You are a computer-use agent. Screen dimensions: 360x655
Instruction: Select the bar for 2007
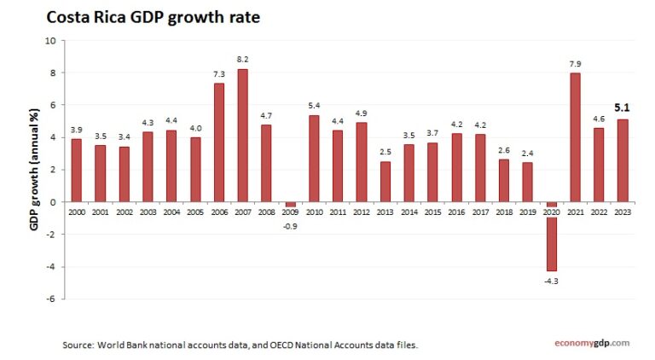[242, 135]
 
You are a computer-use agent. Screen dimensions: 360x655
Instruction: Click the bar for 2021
[575, 137]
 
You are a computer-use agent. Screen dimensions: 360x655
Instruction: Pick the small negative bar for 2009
[290, 205]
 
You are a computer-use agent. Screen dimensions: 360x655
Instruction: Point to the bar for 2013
[385, 181]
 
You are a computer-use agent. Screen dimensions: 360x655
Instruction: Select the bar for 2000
[76, 170]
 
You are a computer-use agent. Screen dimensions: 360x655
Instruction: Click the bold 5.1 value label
[622, 108]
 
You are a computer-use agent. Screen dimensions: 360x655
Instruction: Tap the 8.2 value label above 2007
[242, 60]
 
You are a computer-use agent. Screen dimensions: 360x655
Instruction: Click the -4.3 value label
[551, 281]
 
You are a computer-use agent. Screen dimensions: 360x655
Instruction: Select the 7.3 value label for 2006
[218, 74]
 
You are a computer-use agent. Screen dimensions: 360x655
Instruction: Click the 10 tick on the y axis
[50, 40]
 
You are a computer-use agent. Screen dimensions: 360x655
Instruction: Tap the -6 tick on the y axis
[50, 299]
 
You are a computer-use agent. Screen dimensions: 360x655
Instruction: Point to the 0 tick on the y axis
[53, 202]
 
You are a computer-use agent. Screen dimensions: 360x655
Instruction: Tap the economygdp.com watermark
[587, 343]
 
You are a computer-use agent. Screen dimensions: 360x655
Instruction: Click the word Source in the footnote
[78, 345]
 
